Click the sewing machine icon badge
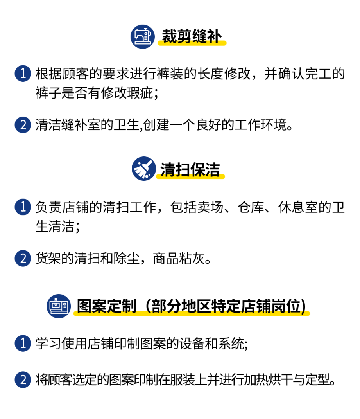pos(142,36)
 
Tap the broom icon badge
pos(144,169)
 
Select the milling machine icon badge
pos(59,306)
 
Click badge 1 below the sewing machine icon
pos(23,74)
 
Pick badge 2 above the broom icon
pos(23,125)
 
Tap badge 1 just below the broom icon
pos(23,207)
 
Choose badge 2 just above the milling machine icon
pos(23,258)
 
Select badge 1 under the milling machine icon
pos(23,343)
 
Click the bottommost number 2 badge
pos(23,380)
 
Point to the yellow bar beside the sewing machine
pos(192,43)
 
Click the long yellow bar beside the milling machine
pos(192,313)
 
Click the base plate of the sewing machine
pos(143,43)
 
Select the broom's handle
pos(148,163)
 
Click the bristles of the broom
pos(140,172)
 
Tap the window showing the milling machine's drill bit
pos(57,305)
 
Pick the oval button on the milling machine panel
pos(64,303)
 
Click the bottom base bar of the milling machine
pos(59,312)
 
